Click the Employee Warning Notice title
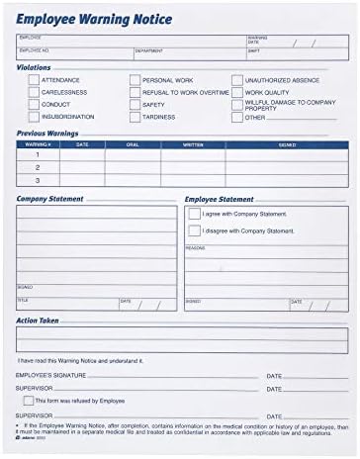coord(94,19)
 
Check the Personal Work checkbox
coord(134,79)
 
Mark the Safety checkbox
coord(134,104)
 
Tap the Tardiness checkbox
coord(134,116)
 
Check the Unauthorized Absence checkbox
coord(237,79)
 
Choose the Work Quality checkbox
coord(237,91)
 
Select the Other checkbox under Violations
coord(237,117)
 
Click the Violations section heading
coord(33,67)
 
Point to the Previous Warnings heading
coord(47,131)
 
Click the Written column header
coord(194,144)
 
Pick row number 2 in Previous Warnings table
coord(37,167)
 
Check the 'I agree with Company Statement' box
coord(194,214)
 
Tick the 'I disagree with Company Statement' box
coord(194,230)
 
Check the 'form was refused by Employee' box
coord(28,401)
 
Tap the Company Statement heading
coord(51,199)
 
